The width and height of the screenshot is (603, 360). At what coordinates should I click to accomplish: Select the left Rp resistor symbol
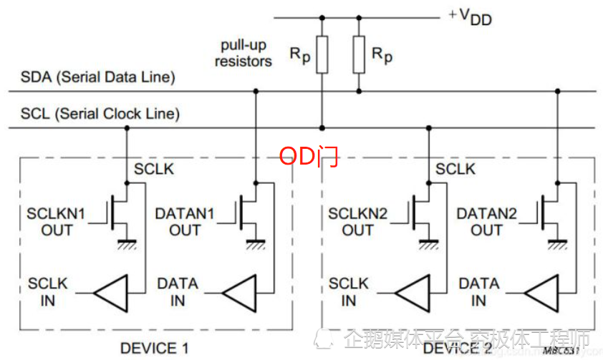coord(322,54)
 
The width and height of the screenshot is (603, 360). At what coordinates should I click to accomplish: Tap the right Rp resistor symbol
coord(360,54)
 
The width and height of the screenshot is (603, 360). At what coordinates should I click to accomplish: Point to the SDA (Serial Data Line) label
coord(97,77)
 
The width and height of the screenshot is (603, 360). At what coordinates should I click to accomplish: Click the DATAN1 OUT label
coord(184,221)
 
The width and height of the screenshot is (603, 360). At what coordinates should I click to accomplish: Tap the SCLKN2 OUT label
coord(357,221)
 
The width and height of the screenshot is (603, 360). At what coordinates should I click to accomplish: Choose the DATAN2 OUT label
coord(486,221)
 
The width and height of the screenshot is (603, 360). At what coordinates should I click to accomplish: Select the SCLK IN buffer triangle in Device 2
coord(413,292)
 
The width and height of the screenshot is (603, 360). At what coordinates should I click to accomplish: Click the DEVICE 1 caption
coord(155,349)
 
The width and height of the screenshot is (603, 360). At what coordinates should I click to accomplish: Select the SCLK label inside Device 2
coord(455,169)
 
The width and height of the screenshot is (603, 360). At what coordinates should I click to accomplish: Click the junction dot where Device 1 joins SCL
coord(127,128)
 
